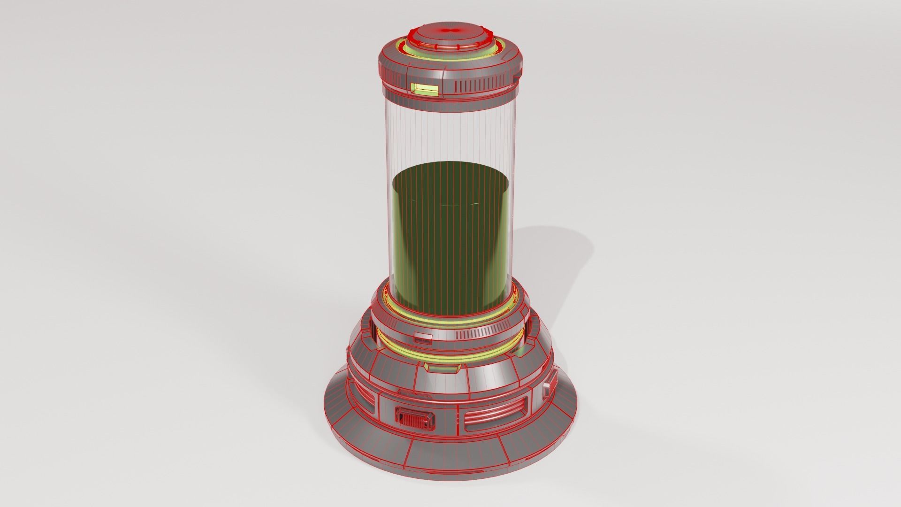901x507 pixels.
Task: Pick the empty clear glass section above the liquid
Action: click(450, 136)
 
